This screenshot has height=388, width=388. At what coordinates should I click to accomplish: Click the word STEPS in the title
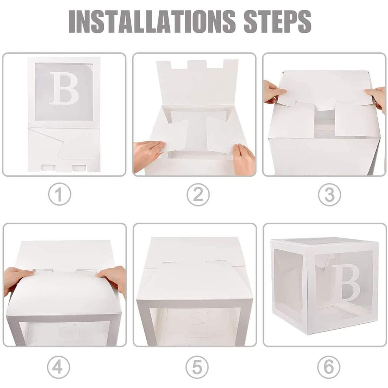278,22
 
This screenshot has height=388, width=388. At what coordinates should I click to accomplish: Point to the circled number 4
59,367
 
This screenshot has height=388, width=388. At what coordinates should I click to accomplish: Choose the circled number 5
197,367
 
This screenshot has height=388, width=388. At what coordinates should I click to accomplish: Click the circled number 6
329,367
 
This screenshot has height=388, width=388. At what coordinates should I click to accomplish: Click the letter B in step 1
64,88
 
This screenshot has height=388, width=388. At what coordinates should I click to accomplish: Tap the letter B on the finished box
346,283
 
